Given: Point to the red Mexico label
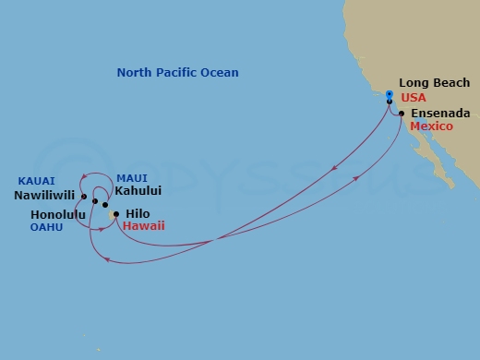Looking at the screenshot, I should (x=432, y=126).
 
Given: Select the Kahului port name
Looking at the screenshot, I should (x=138, y=191).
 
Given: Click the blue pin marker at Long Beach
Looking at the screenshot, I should (x=390, y=96).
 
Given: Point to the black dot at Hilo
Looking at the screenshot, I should (x=116, y=214).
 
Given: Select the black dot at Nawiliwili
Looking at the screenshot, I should (x=84, y=197).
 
